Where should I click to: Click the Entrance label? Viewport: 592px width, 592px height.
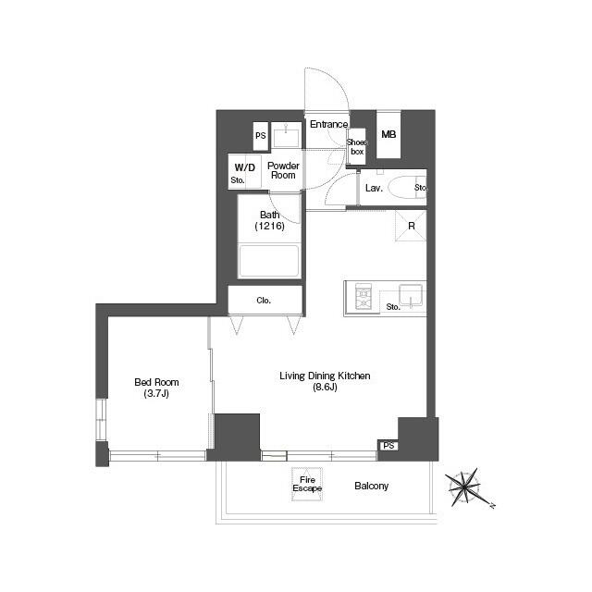click(328, 125)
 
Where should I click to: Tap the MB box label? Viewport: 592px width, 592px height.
click(388, 135)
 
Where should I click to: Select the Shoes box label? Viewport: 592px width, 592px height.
click(356, 145)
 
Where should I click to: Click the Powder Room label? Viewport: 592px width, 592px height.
click(283, 170)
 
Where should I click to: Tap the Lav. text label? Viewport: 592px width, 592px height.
click(374, 188)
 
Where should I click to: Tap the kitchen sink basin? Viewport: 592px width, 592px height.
click(410, 295)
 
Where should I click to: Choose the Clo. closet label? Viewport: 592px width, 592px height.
click(265, 301)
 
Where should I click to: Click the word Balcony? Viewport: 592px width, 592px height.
click(371, 486)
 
